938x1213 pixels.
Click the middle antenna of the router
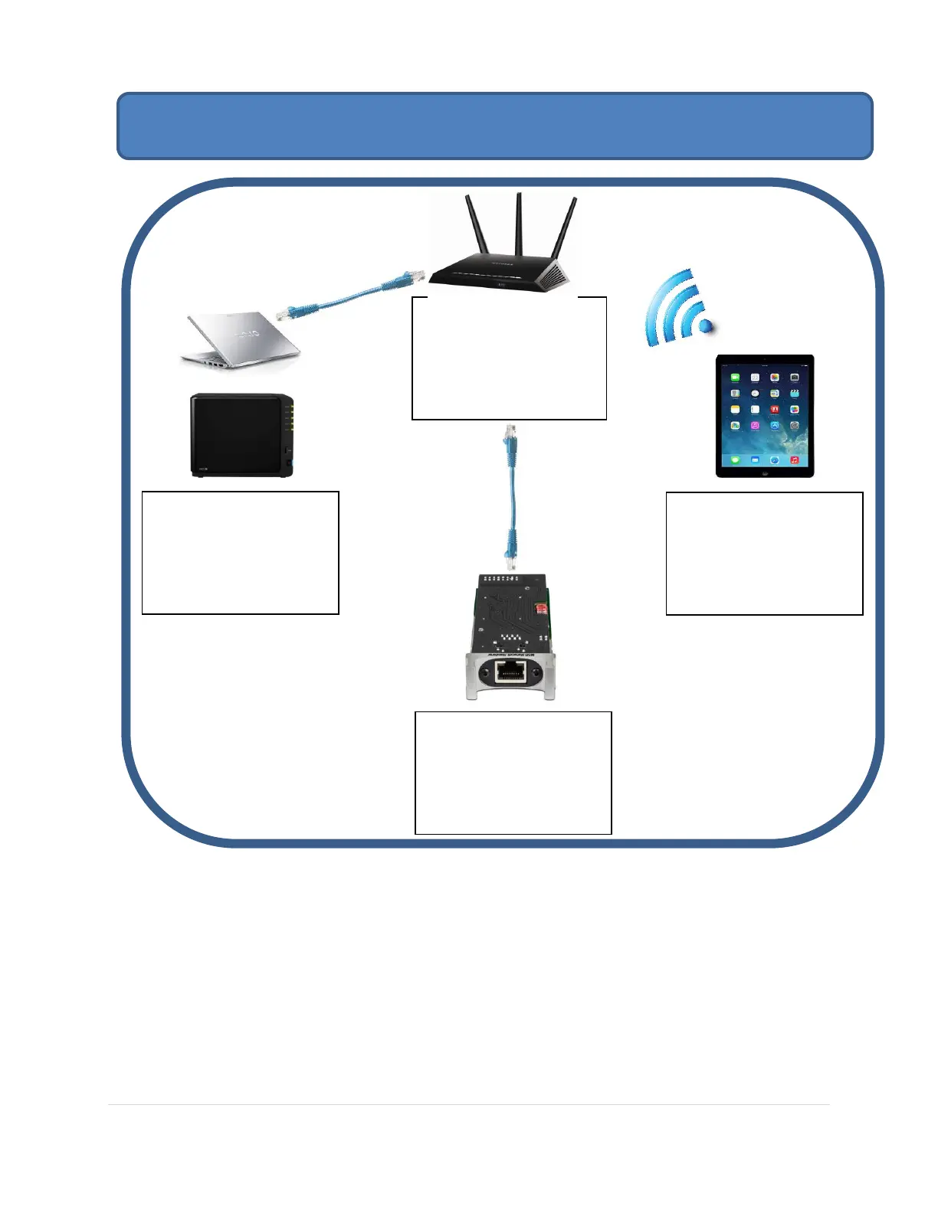519,222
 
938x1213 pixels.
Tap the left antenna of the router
475,226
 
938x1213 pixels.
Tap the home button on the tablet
764,473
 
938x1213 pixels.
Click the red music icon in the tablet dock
794,460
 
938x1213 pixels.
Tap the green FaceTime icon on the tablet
735,378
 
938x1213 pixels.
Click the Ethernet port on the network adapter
510,672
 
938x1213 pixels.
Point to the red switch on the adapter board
541,609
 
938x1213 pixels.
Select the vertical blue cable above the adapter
510,498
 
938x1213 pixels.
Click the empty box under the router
509,358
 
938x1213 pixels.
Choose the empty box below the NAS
241,553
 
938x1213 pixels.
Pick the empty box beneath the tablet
764,554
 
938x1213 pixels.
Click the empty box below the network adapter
513,773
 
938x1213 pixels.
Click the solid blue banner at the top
494,126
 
